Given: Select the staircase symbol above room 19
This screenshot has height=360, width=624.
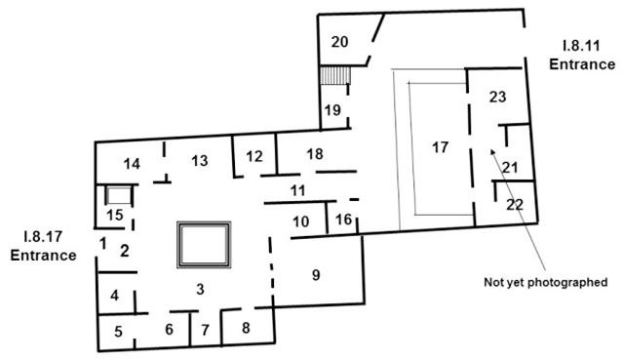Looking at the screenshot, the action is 334,77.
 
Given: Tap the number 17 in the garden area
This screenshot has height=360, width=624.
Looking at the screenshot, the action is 440,147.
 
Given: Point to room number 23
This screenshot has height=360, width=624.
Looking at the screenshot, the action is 497,97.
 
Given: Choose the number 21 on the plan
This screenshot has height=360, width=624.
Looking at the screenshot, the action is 509,167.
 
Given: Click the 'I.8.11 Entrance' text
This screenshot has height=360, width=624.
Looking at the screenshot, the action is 581,55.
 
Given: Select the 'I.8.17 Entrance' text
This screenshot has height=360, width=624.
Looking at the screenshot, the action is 43,247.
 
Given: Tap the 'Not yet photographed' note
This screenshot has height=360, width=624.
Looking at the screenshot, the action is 546,283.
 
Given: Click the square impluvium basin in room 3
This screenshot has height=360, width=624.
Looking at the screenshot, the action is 205,244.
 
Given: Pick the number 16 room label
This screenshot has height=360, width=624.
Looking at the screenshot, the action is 341,220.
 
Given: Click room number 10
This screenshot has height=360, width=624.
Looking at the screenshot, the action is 301,220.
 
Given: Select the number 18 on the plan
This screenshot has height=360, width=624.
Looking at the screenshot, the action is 314,153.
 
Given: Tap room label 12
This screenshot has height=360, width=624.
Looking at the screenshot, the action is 253,156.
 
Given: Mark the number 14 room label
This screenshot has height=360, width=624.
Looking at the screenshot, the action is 133,163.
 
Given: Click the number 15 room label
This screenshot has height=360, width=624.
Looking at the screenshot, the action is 115,214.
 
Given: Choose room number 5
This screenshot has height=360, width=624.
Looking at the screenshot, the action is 118,331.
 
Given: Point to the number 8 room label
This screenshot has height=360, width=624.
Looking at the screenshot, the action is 246,328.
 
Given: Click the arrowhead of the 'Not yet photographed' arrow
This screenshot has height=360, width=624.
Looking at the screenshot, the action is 493,151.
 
